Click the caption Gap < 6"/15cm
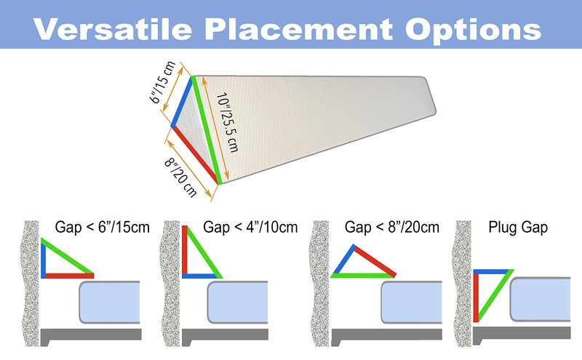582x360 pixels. (x=102, y=227)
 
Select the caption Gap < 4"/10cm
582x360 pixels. (x=251, y=227)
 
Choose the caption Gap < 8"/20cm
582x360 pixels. (x=392, y=227)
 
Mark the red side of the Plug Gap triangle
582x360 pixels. (x=476, y=295)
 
